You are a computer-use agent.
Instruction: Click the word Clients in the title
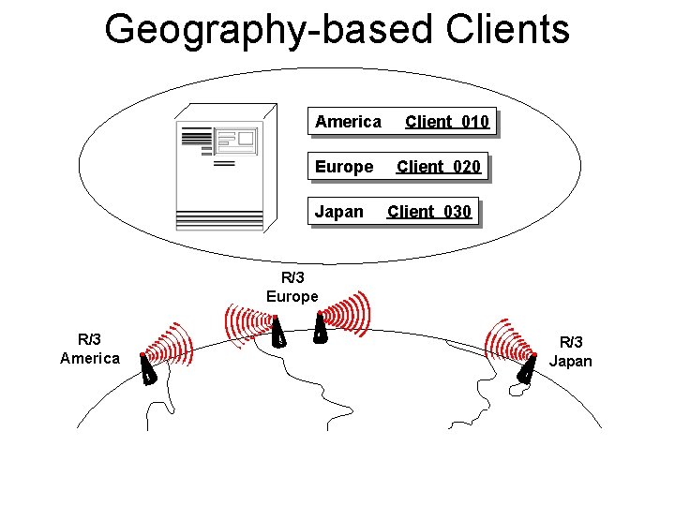click(x=507, y=29)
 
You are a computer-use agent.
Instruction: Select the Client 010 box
click(x=447, y=122)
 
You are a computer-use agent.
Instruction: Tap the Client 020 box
click(x=439, y=167)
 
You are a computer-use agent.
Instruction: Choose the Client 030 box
click(x=429, y=212)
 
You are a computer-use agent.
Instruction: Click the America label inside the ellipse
click(x=348, y=122)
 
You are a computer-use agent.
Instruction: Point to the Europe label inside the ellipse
click(x=343, y=167)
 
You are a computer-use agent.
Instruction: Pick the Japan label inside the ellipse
click(x=338, y=212)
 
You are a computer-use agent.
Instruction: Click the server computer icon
click(x=221, y=173)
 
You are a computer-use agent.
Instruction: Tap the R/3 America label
click(x=90, y=349)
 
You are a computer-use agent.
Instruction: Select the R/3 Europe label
click(x=292, y=287)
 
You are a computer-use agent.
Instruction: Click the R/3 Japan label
click(x=571, y=351)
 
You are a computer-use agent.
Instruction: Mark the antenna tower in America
click(x=148, y=371)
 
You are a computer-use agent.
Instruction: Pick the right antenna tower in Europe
click(x=320, y=329)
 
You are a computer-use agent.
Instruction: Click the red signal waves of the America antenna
click(x=173, y=346)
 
